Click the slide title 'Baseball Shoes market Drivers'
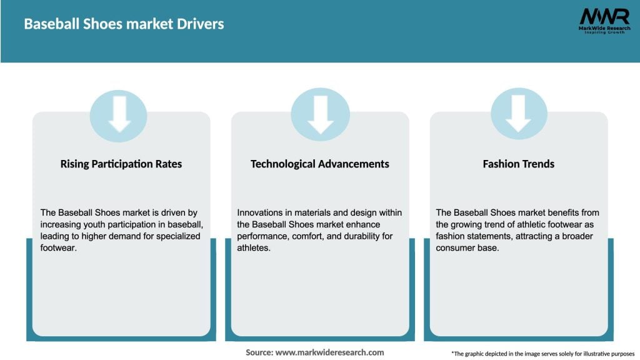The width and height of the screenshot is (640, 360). [x=124, y=24]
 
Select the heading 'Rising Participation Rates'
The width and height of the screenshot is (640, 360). [x=121, y=164]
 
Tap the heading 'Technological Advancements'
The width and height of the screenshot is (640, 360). [x=320, y=164]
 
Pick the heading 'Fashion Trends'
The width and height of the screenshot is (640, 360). [x=519, y=164]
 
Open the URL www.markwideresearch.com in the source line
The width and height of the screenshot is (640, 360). [x=329, y=352]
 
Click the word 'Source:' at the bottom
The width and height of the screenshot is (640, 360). [x=259, y=352]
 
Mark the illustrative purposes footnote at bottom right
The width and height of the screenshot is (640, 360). [x=542, y=353]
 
